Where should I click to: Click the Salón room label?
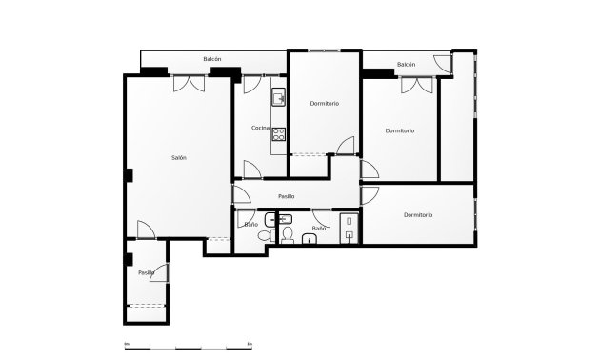pyautogui.click(x=179, y=157)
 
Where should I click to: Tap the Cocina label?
pyautogui.click(x=260, y=128)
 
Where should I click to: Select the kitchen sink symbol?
pyautogui.click(x=279, y=97)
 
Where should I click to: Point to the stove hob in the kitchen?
pyautogui.click(x=279, y=134)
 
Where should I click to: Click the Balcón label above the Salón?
pyautogui.click(x=212, y=59)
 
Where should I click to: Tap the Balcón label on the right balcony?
pyautogui.click(x=407, y=64)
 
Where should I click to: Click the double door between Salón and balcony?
pyautogui.click(x=188, y=84)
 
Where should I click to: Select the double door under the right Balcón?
pyautogui.click(x=414, y=85)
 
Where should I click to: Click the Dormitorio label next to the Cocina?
pyautogui.click(x=325, y=103)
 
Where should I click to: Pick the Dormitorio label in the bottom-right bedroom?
pyautogui.click(x=418, y=215)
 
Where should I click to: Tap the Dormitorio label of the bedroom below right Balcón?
pyautogui.click(x=400, y=130)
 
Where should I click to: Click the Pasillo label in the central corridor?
pyautogui.click(x=286, y=196)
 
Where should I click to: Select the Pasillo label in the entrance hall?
pyautogui.click(x=146, y=272)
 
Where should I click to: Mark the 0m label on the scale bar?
pyautogui.click(x=126, y=343)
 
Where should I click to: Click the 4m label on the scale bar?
pyautogui.click(x=250, y=343)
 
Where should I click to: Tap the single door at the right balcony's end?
pyautogui.click(x=444, y=64)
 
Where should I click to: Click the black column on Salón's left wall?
pyautogui.click(x=129, y=173)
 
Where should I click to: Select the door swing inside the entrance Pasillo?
pyautogui.click(x=163, y=273)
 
